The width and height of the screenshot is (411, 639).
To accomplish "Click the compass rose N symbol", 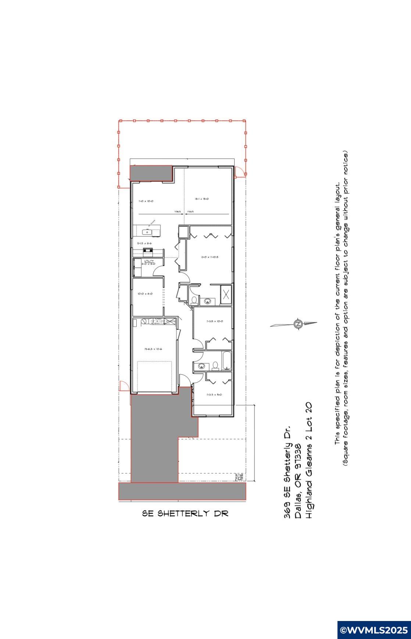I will tap(298, 324).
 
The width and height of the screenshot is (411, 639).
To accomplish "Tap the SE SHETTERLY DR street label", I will tap(185, 513).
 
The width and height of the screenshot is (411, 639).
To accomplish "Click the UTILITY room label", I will tap(149, 261).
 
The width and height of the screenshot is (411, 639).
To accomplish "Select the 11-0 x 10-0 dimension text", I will tap(146, 201).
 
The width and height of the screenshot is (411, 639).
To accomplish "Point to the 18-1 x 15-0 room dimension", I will tap(202, 199).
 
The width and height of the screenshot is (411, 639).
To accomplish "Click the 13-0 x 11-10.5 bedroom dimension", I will tap(210, 257).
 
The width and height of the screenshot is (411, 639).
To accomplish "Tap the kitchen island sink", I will tap(147, 232).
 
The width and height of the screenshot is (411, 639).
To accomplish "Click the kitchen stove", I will tap(149, 251).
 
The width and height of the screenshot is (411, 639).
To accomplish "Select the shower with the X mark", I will tap(226, 294).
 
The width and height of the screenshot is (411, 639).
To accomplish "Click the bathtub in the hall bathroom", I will tap(226, 361).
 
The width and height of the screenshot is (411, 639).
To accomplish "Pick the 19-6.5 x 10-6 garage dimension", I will tap(153, 349).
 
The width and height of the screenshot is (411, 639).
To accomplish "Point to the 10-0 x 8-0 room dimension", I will tap(145, 294).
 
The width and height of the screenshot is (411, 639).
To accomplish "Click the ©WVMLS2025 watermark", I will tap(374, 630).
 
